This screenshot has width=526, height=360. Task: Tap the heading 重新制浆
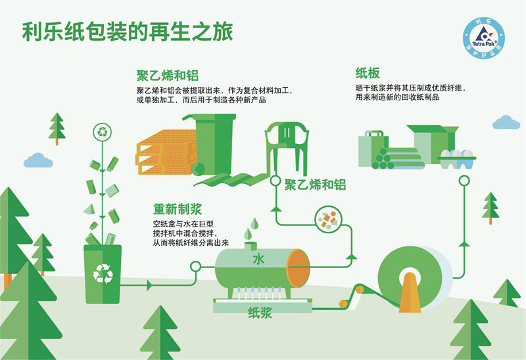[x=178, y=209]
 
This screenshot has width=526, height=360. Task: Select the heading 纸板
[x=368, y=73]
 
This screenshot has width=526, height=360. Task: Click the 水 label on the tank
[x=258, y=259]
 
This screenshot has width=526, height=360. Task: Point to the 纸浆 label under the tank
[x=260, y=313]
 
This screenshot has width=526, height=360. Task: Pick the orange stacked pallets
[x=166, y=152]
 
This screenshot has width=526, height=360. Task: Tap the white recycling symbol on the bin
[x=103, y=273]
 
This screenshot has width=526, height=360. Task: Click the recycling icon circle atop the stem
[x=103, y=132]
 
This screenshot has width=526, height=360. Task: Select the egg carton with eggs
[x=457, y=159]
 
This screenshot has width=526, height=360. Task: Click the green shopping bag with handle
[x=372, y=148]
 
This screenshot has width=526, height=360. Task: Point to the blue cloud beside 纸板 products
[x=506, y=122]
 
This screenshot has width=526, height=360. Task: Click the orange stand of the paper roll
[x=410, y=292]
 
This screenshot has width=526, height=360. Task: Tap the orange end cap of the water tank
[x=298, y=268]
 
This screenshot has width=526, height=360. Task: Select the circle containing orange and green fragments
[x=328, y=219]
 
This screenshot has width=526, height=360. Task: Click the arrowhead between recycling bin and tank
[x=149, y=286]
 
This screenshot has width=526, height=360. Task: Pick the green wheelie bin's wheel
[x=199, y=169]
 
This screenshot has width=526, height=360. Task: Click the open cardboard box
[x=433, y=143]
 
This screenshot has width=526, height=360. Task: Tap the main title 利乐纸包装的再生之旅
[x=128, y=32]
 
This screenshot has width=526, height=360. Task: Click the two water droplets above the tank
[x=251, y=228]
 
